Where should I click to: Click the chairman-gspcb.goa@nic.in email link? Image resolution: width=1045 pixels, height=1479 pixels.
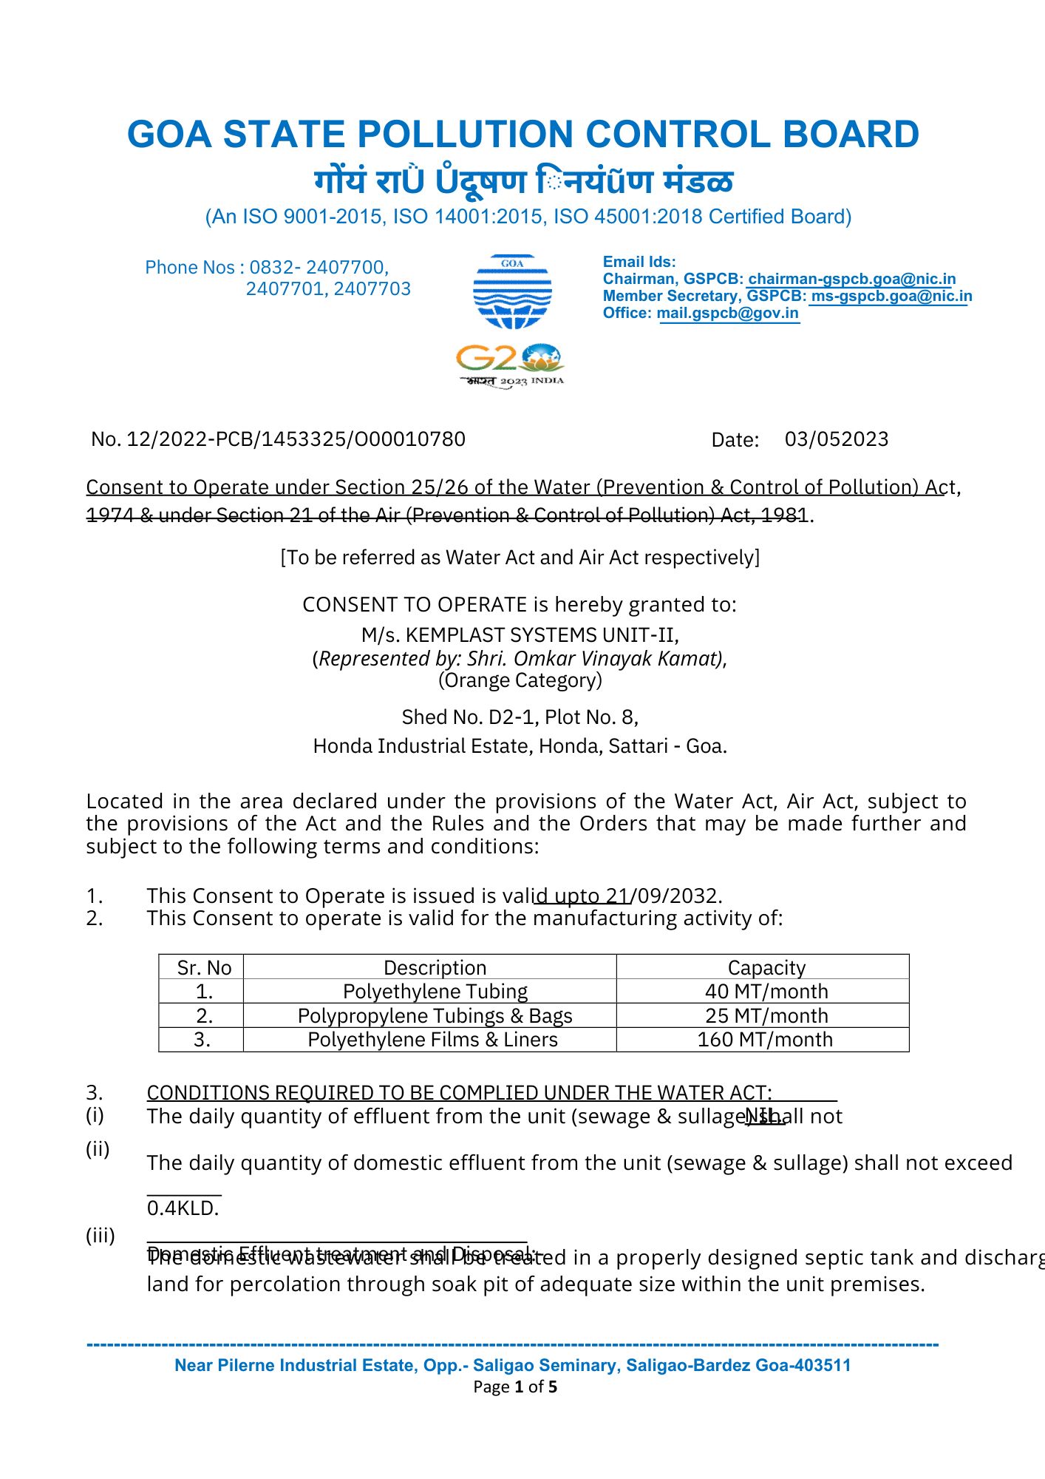coord(851,279)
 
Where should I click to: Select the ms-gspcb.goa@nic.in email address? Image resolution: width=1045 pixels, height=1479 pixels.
coord(891,296)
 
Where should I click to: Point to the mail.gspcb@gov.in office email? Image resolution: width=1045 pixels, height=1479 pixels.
coord(727,313)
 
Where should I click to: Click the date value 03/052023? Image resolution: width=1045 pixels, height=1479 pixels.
coord(836,439)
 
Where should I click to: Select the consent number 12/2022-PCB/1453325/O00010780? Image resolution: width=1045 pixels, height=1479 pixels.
coord(296,439)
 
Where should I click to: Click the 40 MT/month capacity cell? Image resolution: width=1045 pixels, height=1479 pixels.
coord(766,992)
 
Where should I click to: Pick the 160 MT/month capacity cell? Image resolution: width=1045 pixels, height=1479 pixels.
coord(765,1040)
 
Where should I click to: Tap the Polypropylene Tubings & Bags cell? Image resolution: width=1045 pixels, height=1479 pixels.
coord(435,1016)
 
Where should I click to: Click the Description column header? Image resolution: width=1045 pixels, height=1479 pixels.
coord(435,968)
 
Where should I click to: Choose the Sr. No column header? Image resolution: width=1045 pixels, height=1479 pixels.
coord(204,968)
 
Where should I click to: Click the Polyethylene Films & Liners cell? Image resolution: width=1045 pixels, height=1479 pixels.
coord(432,1040)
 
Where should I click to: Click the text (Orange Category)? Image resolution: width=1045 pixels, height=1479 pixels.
coord(520,680)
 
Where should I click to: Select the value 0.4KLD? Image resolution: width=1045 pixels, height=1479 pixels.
coord(183,1208)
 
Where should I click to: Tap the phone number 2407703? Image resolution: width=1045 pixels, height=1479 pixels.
coord(372,288)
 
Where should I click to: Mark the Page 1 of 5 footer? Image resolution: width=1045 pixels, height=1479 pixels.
coord(515,1387)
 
